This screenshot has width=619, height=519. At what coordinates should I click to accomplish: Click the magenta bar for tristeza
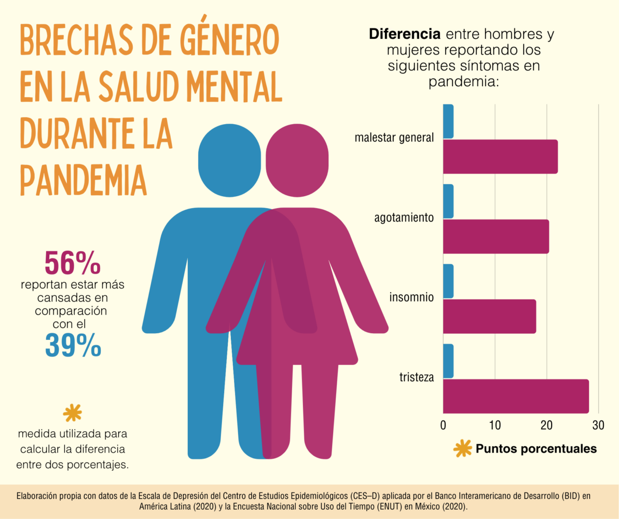(x=516, y=397)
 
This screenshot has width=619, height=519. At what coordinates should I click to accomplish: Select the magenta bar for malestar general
(x=500, y=157)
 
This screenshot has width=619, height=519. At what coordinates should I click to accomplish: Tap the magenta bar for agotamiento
(x=496, y=237)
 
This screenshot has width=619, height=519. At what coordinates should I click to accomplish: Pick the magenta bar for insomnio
(x=489, y=317)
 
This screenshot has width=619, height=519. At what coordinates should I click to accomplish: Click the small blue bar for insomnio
(x=448, y=281)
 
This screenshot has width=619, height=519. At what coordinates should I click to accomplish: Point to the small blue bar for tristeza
(x=448, y=361)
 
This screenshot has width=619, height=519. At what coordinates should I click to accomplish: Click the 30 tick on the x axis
(x=598, y=425)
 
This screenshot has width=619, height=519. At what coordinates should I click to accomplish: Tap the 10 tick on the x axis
(x=495, y=425)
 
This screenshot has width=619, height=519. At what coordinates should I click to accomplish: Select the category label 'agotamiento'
(x=404, y=218)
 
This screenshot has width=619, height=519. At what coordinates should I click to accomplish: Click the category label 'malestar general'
(x=394, y=138)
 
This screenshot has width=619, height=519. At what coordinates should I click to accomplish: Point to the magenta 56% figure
(x=72, y=263)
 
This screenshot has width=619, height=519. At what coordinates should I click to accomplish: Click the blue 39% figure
(x=73, y=345)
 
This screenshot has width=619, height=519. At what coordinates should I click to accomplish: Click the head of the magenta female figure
(x=297, y=161)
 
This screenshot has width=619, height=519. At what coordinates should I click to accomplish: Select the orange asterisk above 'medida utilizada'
(x=72, y=413)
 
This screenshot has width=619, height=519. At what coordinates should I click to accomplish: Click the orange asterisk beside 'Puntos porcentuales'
(x=462, y=449)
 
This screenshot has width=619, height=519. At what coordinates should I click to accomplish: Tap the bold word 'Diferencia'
(x=405, y=35)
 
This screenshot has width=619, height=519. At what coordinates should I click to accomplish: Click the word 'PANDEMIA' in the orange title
(x=83, y=179)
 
